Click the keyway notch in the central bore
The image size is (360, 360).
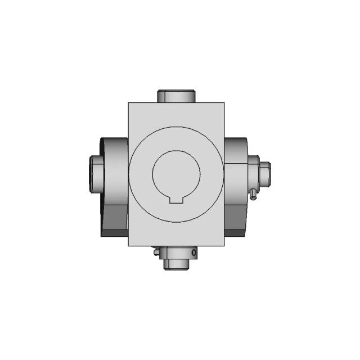click(177, 197)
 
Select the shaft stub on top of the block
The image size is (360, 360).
click(176, 96)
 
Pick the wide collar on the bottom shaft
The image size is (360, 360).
click(177, 254)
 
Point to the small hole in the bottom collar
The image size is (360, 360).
click(194, 253)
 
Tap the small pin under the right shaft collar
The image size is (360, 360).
click(254, 195)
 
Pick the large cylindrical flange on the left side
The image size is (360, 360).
click(115, 169)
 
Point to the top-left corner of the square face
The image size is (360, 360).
click(129, 103)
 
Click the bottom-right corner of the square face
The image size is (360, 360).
click(224, 246)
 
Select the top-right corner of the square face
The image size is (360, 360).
click(224, 103)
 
